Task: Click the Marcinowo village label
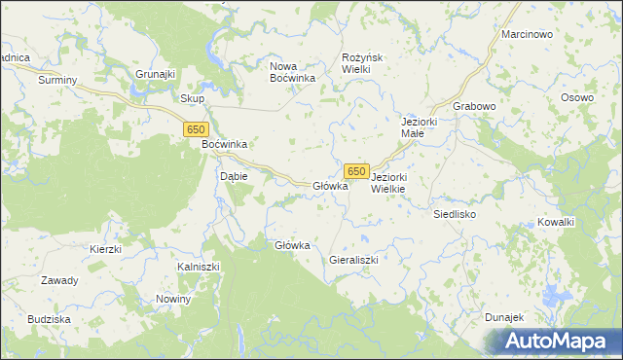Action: tap(527, 34)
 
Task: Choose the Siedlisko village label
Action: tap(454, 213)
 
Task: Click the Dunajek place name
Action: tap(504, 317)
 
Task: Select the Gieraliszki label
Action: tap(352, 261)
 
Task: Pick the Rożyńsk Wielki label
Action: tap(365, 64)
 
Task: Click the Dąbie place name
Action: tap(234, 176)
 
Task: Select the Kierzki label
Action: tap(104, 249)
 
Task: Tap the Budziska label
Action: tap(49, 319)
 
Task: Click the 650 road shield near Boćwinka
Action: tap(197, 129)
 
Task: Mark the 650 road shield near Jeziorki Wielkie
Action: tap(356, 171)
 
